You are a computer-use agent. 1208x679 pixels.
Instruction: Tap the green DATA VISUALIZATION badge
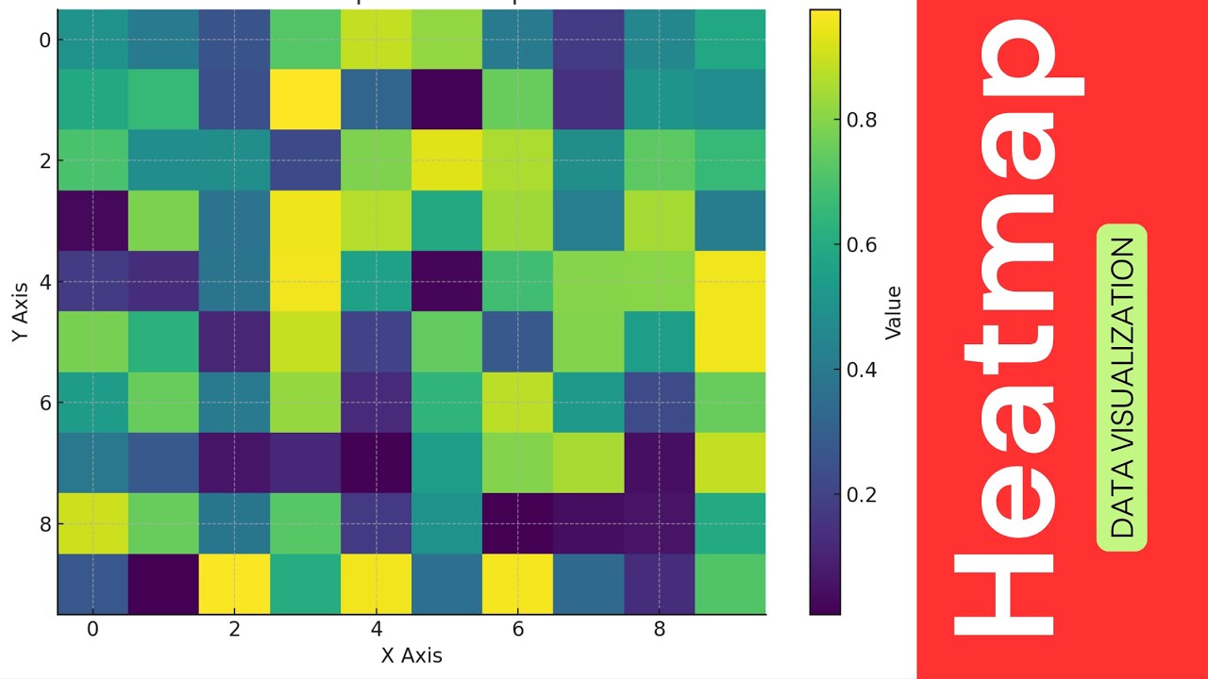[1122, 388]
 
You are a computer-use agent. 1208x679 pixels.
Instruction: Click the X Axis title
[411, 655]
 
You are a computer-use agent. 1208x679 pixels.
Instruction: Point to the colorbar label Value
[893, 312]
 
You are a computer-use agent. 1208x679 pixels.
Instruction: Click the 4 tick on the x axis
[376, 629]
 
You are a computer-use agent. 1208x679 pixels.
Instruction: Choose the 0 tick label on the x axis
[92, 629]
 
